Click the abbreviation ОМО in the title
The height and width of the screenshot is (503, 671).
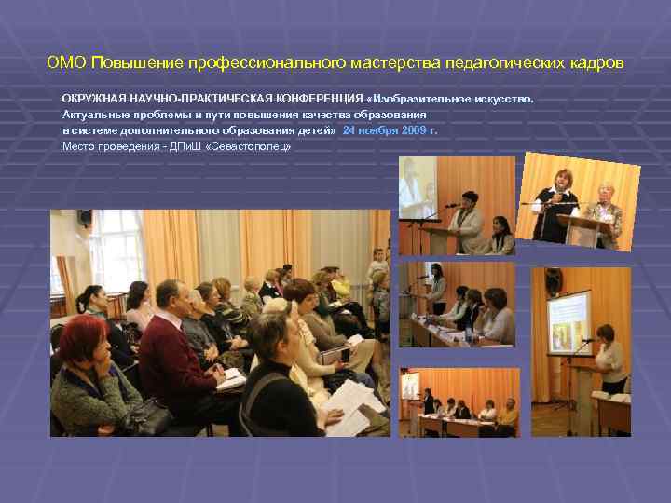tap(66, 63)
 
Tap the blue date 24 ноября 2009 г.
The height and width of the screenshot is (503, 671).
tap(390, 131)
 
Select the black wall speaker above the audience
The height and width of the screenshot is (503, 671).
tap(85, 218)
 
